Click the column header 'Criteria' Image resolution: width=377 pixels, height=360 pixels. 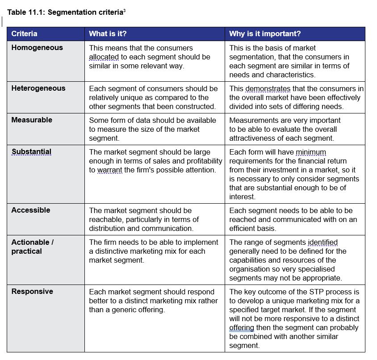click(24, 34)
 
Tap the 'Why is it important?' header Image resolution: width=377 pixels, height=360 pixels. click(264, 34)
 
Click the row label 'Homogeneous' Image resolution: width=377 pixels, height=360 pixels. click(37, 48)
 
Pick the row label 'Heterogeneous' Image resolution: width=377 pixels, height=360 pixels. click(38, 88)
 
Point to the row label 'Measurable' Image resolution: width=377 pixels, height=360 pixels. click(32, 120)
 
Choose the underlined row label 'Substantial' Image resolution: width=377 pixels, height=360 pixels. click(31, 152)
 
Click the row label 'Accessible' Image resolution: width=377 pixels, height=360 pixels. click(31, 210)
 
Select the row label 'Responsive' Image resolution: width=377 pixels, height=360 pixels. click(32, 292)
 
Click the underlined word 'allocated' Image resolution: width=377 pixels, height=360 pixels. click(104, 57)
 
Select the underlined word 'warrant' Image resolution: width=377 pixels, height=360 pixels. click(110, 170)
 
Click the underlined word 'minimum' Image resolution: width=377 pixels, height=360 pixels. click(311, 152)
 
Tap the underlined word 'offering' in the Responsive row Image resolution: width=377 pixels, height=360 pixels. click(242, 328)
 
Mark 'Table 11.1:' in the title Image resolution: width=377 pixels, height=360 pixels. click(25, 12)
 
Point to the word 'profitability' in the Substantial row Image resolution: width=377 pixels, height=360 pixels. click(201, 161)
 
